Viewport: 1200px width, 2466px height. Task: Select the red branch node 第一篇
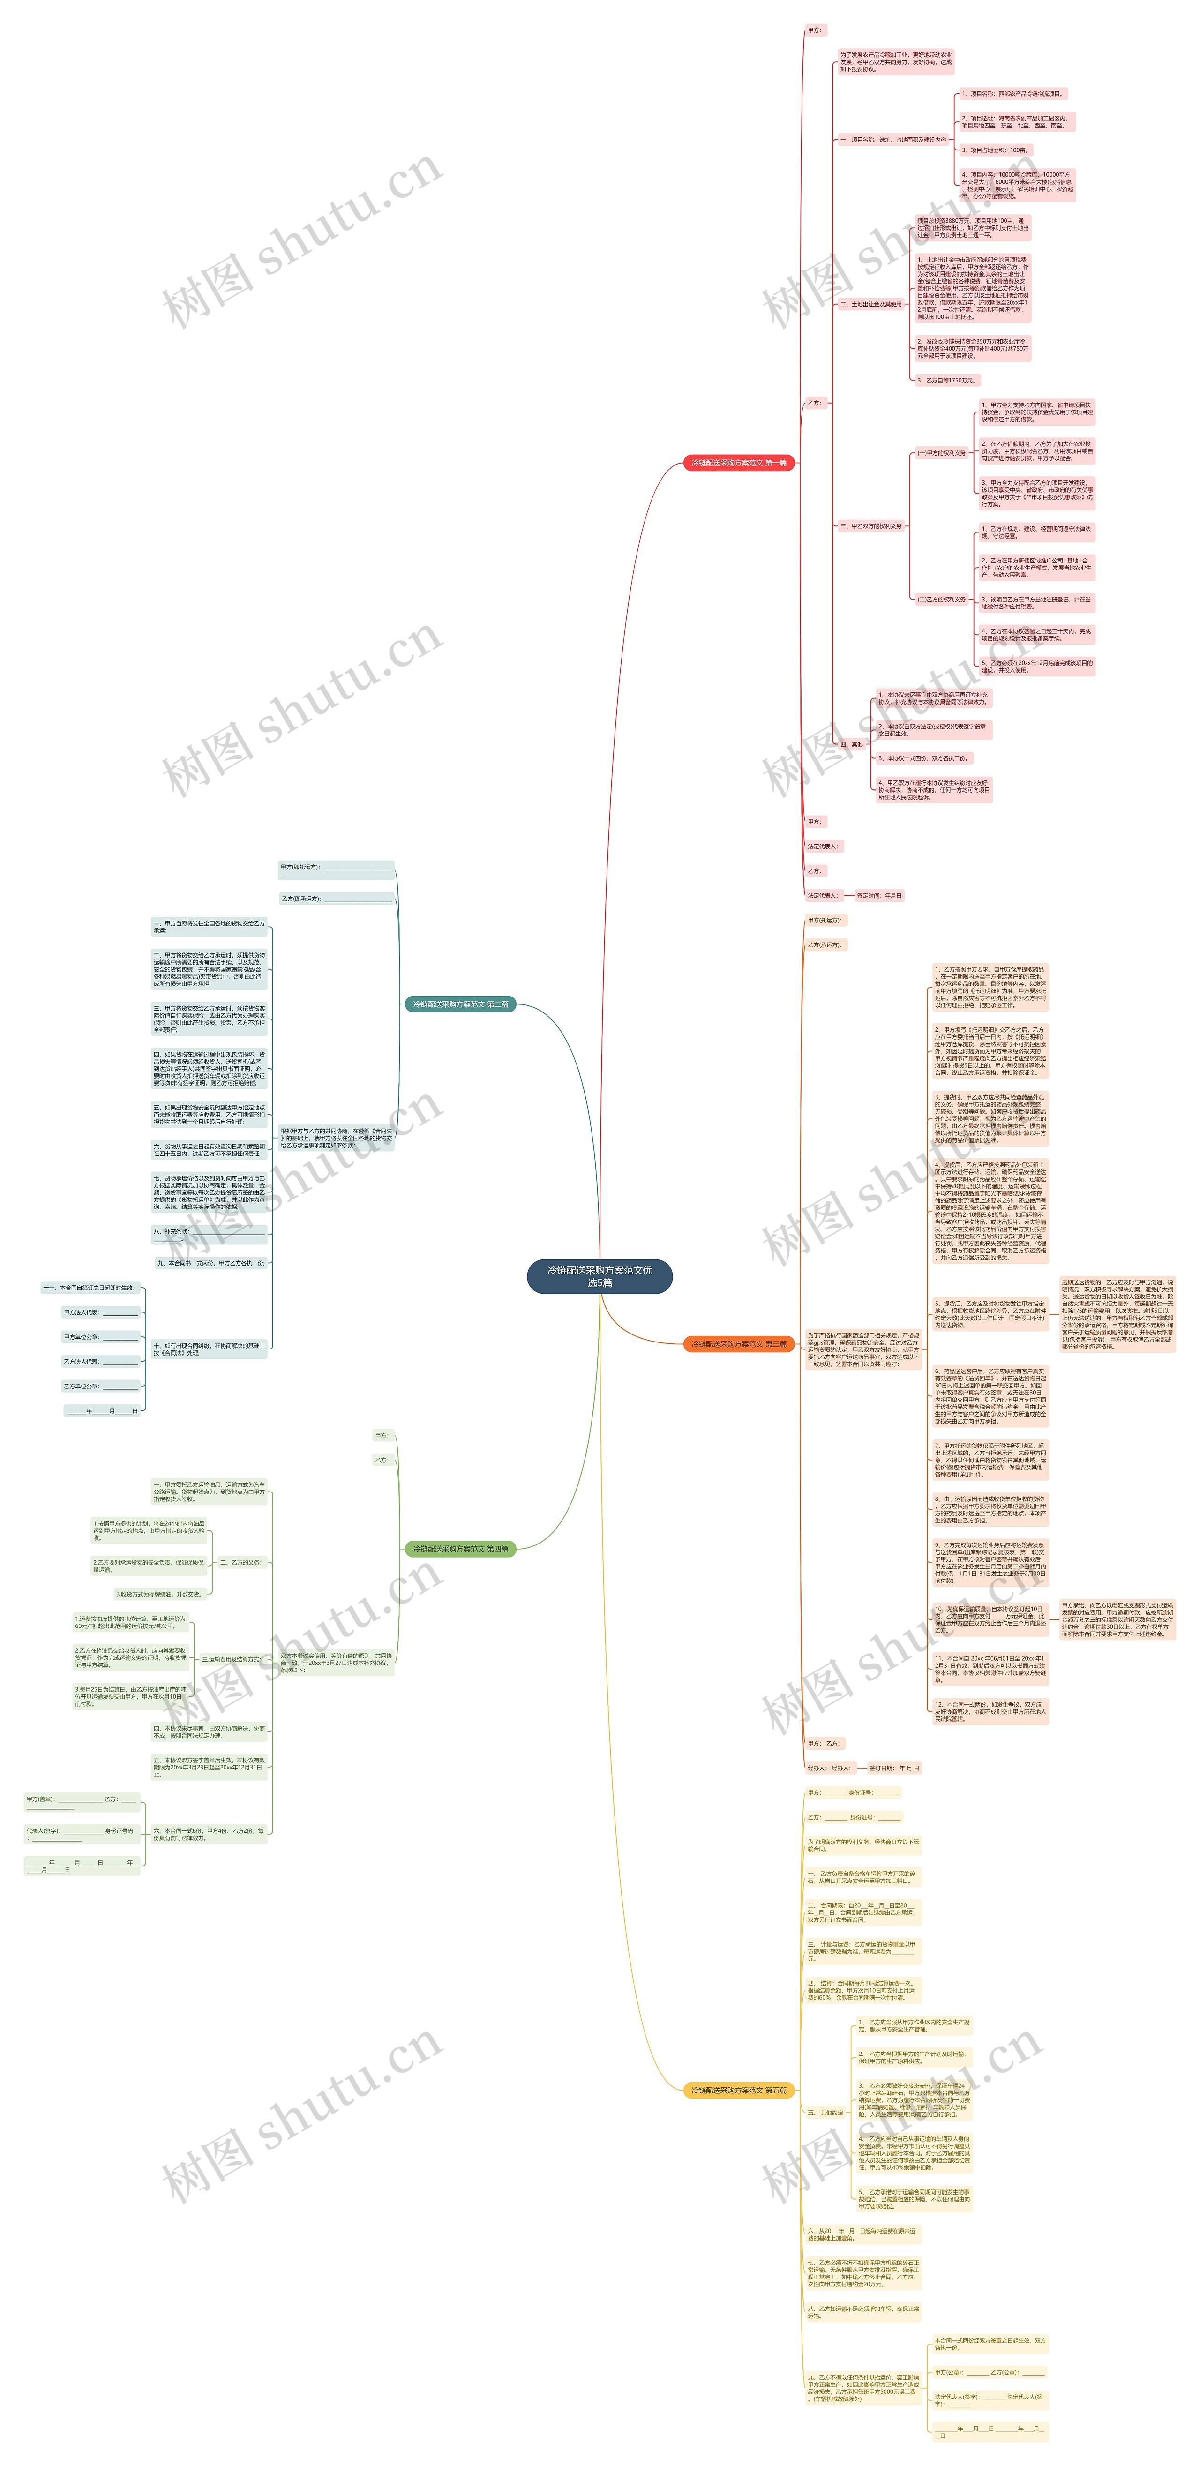click(x=738, y=462)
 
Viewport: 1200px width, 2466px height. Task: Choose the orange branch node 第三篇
click(x=738, y=1344)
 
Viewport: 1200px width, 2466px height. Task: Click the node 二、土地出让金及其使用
click(x=870, y=304)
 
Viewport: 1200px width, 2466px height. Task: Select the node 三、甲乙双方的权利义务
click(x=870, y=525)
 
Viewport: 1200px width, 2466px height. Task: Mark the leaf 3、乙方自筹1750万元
click(x=946, y=380)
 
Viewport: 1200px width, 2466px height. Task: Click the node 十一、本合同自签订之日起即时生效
click(x=89, y=1288)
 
